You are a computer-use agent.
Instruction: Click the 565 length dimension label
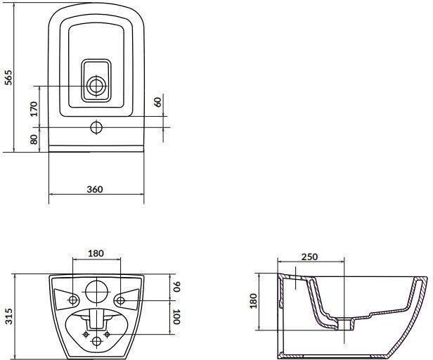8,77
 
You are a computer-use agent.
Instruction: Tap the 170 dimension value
34,109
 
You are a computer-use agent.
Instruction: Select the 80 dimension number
34,139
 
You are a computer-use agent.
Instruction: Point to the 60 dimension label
158,102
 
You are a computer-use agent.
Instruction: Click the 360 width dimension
95,189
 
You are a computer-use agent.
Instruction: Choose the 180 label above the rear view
96,253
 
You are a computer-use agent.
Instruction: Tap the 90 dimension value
176,286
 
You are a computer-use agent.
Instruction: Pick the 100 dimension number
176,316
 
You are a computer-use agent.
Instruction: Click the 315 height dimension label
9,316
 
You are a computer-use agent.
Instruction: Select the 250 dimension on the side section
309,257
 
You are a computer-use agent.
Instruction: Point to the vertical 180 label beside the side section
253,301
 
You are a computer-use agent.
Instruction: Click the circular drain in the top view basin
96,86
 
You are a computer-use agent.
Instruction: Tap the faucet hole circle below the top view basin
96,127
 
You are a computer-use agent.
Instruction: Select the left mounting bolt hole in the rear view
72,300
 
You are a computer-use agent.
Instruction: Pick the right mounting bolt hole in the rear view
120,300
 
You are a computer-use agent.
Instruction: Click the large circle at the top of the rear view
96,292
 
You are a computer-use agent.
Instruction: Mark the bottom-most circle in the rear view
96,341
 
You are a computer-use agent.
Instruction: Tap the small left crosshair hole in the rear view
86,334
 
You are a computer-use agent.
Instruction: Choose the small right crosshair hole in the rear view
107,334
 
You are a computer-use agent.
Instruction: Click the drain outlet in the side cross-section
344,324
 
